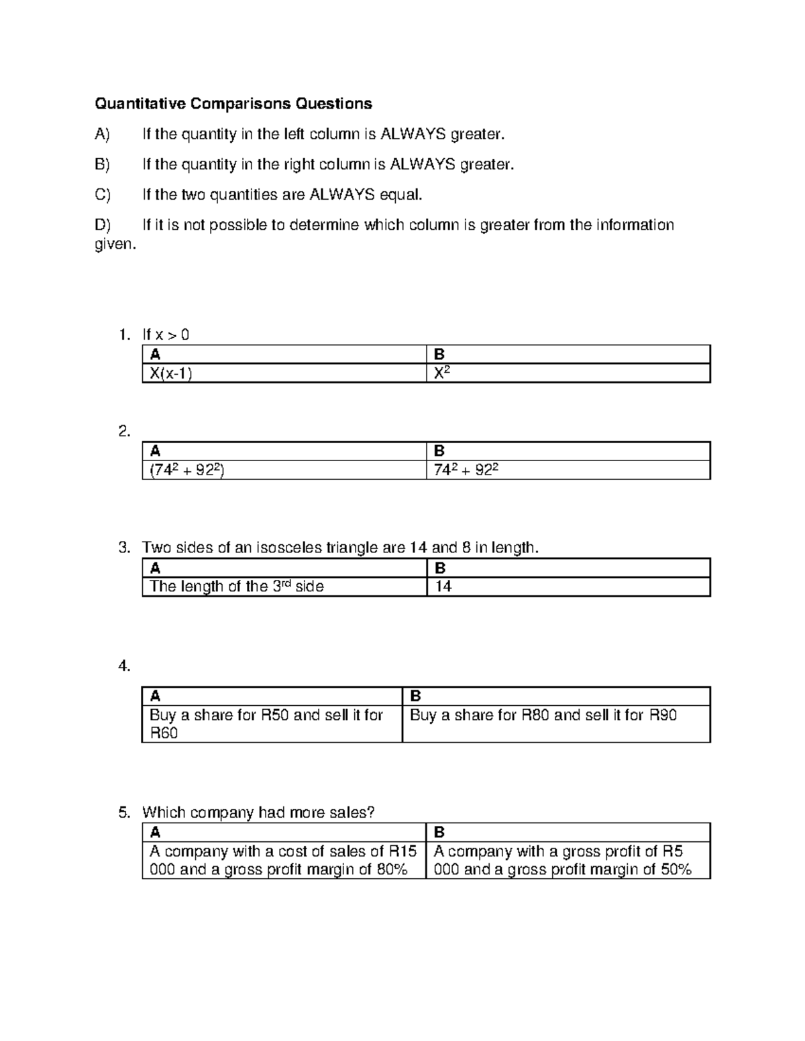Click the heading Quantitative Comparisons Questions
click(x=233, y=103)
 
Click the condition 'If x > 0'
click(x=166, y=334)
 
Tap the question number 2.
click(x=123, y=432)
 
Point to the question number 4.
click(x=123, y=666)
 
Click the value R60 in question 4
click(x=164, y=733)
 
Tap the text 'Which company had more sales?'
click(x=258, y=812)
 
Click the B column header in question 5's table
click(x=439, y=833)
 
